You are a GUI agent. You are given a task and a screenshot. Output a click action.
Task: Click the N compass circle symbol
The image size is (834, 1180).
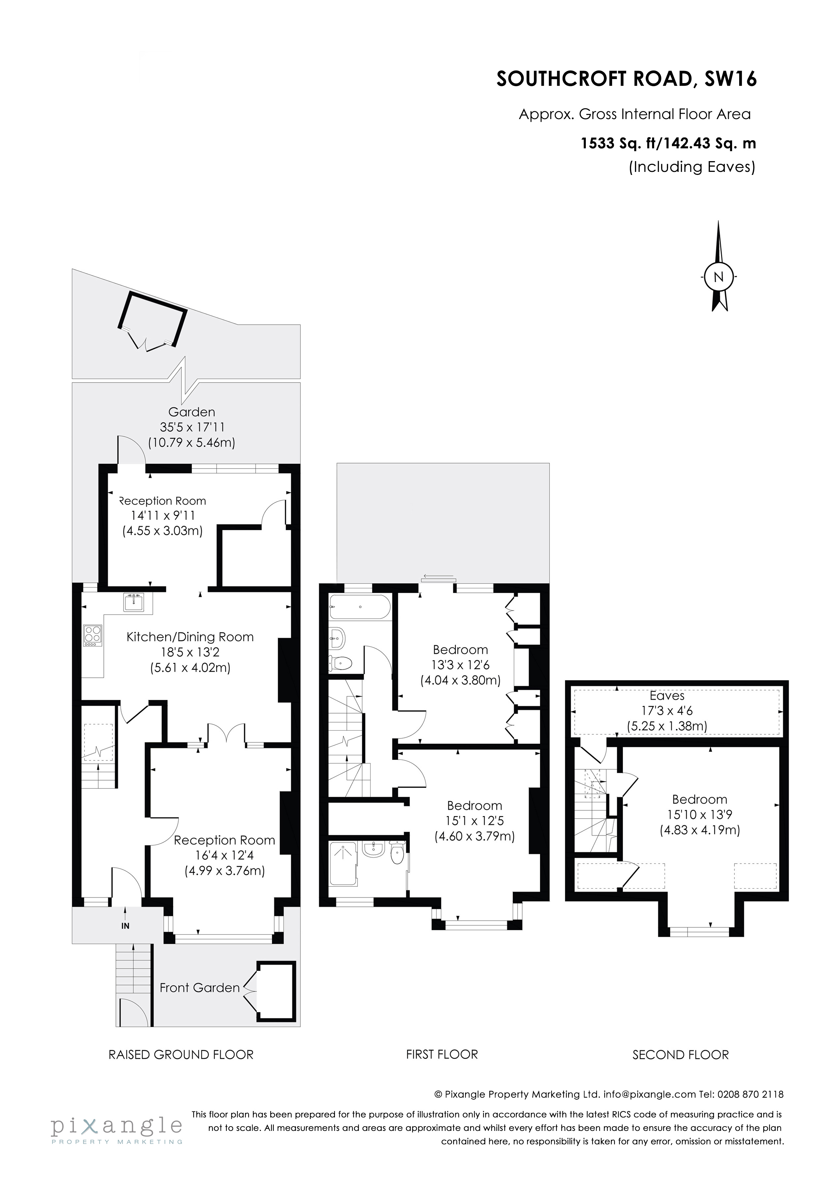(718, 277)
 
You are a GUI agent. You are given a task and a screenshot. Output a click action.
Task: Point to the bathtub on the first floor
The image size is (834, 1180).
(360, 607)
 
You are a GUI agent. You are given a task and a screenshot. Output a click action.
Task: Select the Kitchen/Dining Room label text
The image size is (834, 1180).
(190, 637)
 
